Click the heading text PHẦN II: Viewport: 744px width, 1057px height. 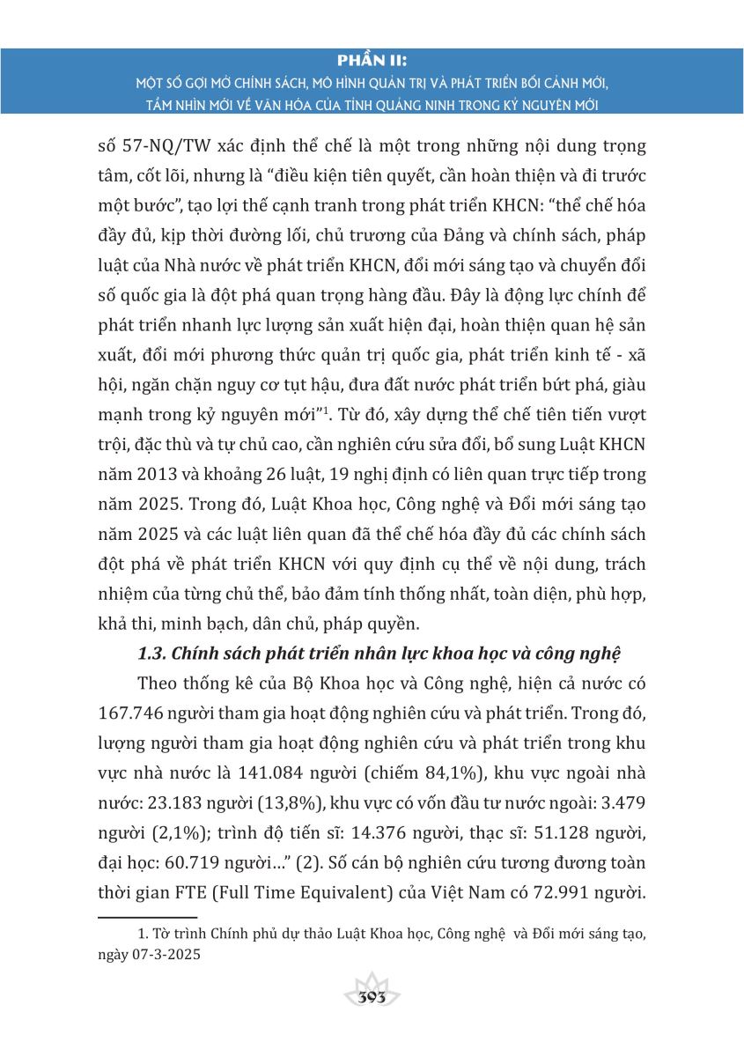click(372, 61)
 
